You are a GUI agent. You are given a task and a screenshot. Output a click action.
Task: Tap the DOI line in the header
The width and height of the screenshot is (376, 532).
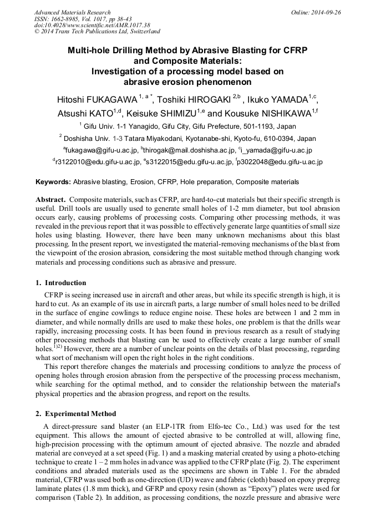[x=92, y=25]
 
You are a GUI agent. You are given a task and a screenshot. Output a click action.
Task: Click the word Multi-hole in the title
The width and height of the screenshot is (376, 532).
[x=91, y=50]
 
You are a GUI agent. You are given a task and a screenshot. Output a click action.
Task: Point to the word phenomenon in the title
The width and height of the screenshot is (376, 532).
[x=221, y=82]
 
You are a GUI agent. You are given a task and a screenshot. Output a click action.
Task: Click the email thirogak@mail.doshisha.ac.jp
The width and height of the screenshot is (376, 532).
[x=189, y=150]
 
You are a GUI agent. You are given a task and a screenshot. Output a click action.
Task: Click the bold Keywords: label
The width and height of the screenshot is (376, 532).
[x=53, y=182]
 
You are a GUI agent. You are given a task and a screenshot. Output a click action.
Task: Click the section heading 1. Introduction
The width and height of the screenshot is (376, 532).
[x=61, y=282]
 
